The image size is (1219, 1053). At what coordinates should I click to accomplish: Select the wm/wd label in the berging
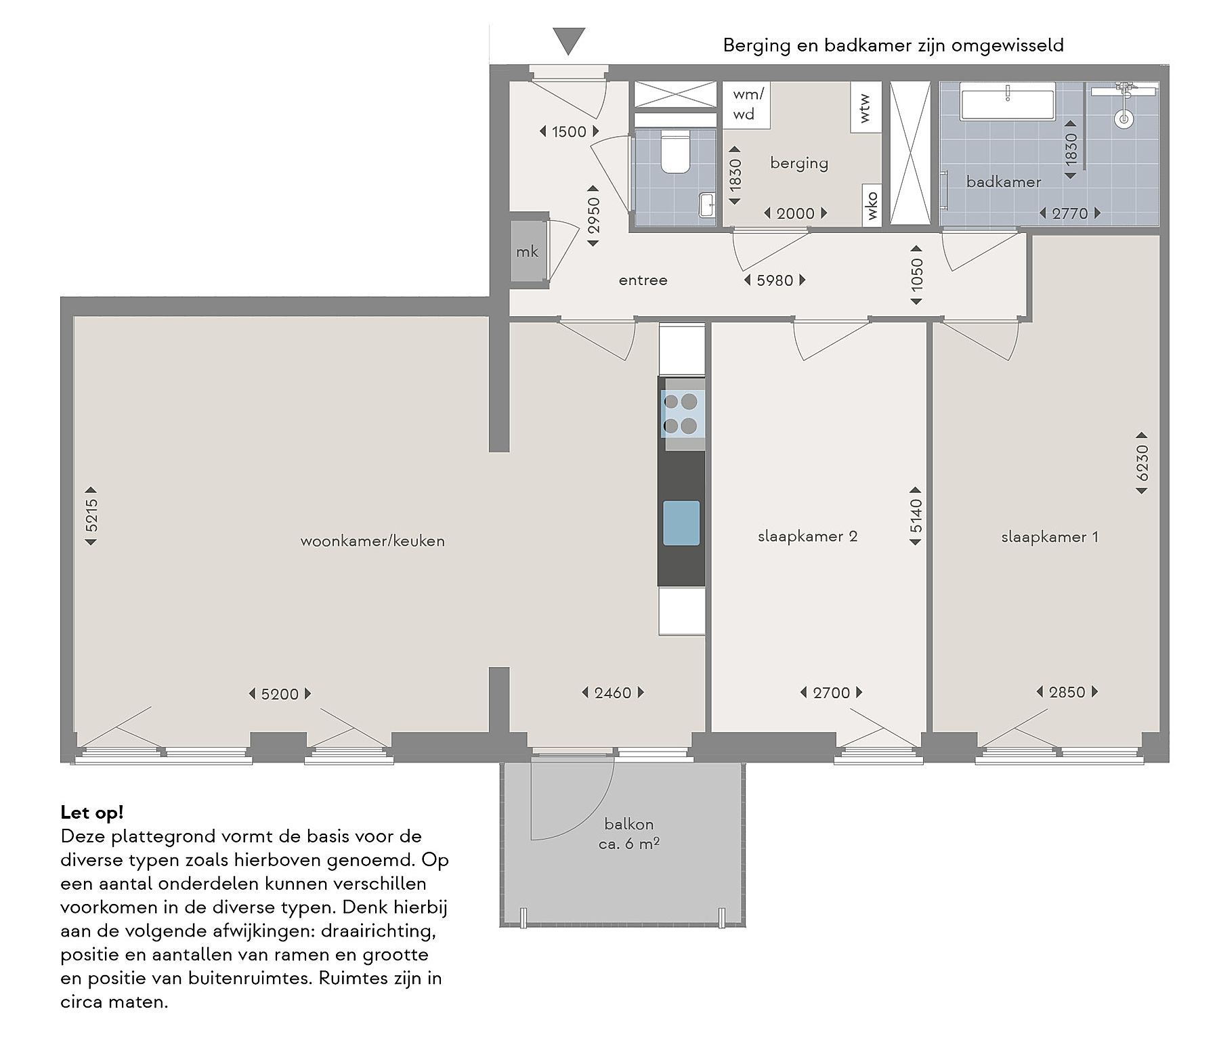click(748, 104)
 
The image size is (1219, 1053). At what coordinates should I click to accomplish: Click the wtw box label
click(865, 108)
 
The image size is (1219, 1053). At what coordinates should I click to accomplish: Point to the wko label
click(872, 206)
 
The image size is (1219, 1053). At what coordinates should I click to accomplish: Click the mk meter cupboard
click(528, 251)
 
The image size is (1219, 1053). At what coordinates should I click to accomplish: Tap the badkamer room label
click(1004, 181)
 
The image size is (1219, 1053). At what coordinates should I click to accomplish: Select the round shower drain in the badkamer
click(1124, 119)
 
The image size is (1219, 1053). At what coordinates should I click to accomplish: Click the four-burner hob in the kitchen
click(681, 414)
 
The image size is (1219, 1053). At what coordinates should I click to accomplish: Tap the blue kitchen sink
click(681, 523)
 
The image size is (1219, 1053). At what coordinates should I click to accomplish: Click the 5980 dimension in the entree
click(775, 280)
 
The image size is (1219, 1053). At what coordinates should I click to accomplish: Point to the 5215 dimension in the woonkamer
click(91, 515)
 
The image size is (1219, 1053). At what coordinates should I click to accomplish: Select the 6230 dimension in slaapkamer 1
click(1142, 463)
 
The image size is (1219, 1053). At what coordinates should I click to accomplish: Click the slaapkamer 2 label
click(807, 536)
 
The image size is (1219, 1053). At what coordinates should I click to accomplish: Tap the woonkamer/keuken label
click(372, 541)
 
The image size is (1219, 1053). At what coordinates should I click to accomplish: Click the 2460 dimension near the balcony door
click(613, 693)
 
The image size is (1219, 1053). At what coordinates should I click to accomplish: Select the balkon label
click(629, 824)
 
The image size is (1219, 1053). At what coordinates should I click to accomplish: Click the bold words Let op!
click(92, 812)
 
